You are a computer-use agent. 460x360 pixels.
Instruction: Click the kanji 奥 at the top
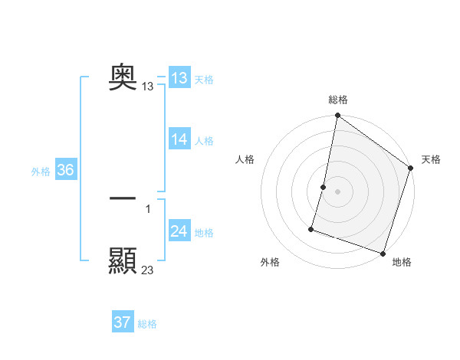click(123, 76)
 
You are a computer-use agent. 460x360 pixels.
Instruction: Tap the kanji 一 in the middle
click(123, 198)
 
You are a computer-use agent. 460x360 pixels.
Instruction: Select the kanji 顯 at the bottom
click(123, 260)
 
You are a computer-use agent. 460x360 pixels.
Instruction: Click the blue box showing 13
click(179, 78)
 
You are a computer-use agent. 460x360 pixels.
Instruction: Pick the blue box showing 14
click(179, 139)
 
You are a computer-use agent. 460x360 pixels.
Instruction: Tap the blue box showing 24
click(179, 231)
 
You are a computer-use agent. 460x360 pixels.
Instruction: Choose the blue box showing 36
click(65, 170)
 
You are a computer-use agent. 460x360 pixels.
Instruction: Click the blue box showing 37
click(123, 322)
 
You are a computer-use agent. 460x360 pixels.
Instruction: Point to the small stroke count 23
click(148, 270)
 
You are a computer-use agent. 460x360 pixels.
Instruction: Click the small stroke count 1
click(148, 209)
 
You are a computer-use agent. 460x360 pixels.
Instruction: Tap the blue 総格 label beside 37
click(147, 324)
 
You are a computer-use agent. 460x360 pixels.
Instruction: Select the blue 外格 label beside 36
click(41, 172)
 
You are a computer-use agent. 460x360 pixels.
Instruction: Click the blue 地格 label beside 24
click(204, 233)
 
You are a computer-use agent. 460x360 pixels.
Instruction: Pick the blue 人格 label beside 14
click(204, 141)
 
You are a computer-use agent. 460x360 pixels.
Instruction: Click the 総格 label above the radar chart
click(337, 100)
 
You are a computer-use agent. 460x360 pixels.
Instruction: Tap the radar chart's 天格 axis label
click(431, 159)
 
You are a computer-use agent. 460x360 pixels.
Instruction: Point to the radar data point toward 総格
click(337, 116)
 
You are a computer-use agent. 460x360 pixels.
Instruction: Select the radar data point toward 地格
click(383, 253)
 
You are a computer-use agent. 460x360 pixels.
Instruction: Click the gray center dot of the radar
click(337, 191)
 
